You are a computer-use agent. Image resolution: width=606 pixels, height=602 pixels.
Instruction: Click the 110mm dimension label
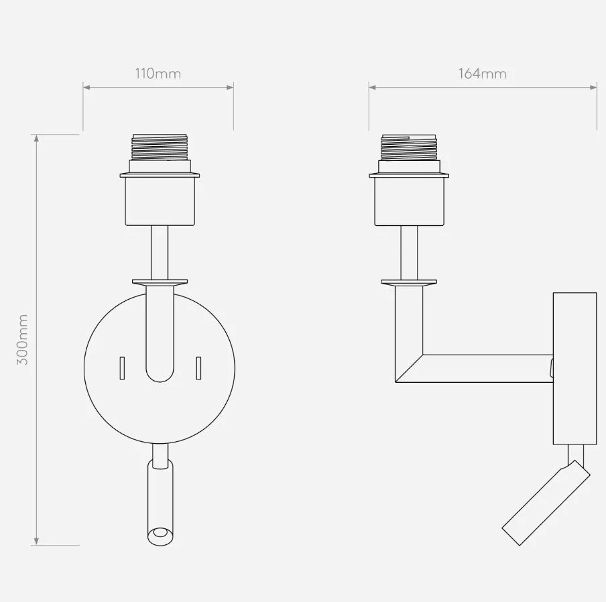(x=158, y=74)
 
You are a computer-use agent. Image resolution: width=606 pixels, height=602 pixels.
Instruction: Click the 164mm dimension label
(x=483, y=74)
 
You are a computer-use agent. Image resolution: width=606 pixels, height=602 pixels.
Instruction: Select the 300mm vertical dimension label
(x=22, y=340)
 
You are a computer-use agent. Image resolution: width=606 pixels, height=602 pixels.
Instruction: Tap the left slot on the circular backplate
(x=122, y=368)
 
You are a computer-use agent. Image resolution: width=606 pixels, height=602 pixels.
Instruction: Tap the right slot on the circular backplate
(x=198, y=368)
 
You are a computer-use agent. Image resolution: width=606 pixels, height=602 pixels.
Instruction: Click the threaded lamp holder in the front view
(x=160, y=147)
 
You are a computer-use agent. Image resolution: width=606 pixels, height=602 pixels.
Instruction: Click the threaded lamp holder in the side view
(x=409, y=147)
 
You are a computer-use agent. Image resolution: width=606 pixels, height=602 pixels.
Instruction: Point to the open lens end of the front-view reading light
(x=160, y=536)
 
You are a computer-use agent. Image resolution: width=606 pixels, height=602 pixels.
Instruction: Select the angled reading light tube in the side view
(x=546, y=502)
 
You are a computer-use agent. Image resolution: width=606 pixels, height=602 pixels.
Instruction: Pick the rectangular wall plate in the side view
(x=574, y=369)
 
